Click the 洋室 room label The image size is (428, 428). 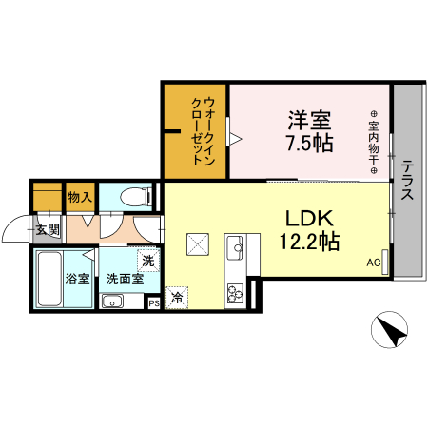click(x=309, y=121)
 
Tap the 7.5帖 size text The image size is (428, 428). click(x=309, y=145)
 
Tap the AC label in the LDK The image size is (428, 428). click(x=373, y=263)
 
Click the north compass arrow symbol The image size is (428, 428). click(x=389, y=332)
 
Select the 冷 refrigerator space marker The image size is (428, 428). click(x=177, y=298)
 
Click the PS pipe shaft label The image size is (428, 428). click(x=154, y=303)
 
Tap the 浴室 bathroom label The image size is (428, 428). click(x=77, y=281)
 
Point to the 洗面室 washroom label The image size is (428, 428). click(x=124, y=280)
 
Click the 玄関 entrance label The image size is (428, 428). click(x=49, y=229)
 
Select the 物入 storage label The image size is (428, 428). click(x=80, y=198)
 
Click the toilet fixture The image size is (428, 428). click(x=133, y=198)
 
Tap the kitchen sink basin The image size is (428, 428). click(x=235, y=250)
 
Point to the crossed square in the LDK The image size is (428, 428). click(x=200, y=244)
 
